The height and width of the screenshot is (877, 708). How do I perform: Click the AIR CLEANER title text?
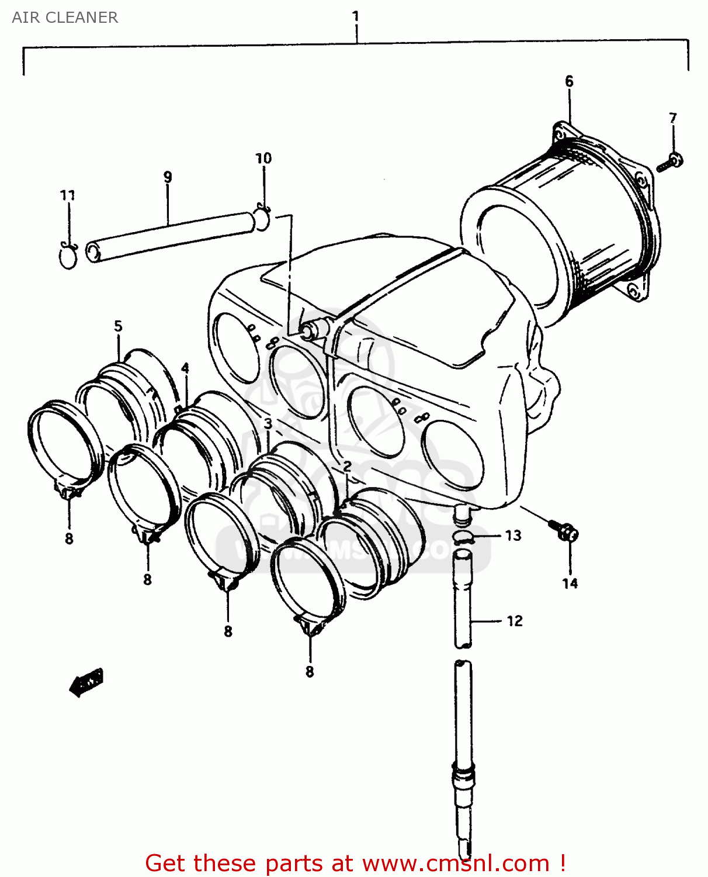point(65,18)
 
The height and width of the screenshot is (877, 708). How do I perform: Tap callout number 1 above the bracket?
point(355,16)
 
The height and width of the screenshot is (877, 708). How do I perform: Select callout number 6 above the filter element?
point(569,81)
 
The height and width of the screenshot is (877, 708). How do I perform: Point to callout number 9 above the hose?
point(168,177)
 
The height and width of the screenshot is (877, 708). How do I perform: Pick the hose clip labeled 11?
point(68,255)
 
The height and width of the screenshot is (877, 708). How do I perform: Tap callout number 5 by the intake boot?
point(118,326)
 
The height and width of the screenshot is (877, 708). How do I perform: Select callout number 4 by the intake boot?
point(185,368)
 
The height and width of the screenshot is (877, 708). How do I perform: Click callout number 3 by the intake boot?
point(268,423)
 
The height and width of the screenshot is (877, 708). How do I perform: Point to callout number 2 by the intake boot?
point(347,466)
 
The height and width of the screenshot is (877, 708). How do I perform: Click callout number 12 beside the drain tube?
point(514,621)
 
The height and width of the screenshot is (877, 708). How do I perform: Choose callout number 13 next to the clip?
point(513,536)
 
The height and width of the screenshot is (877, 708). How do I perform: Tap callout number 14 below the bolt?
point(570,583)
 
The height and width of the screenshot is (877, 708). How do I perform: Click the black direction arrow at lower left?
point(86,682)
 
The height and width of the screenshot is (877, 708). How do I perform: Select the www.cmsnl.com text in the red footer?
point(456,863)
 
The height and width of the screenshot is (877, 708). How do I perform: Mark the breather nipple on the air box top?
point(310,331)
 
